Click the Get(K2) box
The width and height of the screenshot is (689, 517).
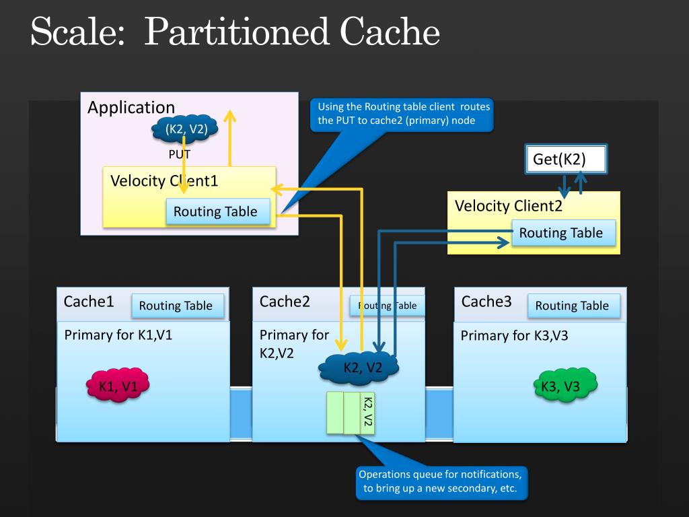(566, 159)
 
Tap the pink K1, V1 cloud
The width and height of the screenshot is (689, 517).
(118, 385)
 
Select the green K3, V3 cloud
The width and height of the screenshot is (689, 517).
(565, 386)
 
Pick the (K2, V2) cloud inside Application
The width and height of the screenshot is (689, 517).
(185, 129)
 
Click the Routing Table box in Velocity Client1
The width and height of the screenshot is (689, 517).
(218, 211)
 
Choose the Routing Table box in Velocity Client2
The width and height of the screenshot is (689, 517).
(563, 232)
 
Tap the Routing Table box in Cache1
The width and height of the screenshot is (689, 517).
(178, 306)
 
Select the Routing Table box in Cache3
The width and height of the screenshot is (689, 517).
(574, 306)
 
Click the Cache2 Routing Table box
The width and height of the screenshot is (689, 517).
(387, 306)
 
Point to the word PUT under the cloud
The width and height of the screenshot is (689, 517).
(179, 154)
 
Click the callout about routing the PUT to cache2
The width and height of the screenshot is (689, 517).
(402, 114)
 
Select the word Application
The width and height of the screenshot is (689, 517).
(131, 108)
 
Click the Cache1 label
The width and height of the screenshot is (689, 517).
(89, 302)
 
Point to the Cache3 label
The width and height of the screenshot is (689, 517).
(486, 302)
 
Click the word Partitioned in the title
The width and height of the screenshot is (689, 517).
(237, 32)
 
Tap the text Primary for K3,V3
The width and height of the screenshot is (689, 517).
(514, 336)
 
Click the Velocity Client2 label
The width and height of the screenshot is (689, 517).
(509, 206)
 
